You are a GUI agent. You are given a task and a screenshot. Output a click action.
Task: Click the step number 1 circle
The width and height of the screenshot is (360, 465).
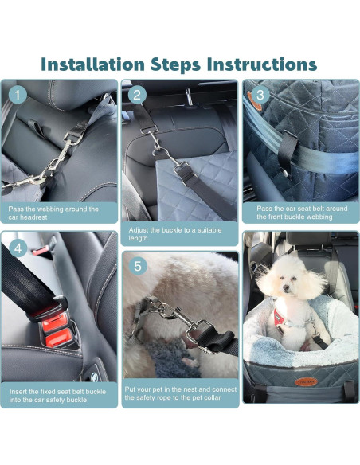coord(18,95)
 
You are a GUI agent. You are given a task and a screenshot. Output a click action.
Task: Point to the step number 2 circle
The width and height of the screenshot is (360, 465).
coord(138,95)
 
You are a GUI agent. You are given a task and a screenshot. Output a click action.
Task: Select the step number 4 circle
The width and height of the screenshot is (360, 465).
coord(18,247)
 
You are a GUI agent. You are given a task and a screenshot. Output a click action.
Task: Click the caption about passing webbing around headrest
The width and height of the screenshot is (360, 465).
coord(60,213)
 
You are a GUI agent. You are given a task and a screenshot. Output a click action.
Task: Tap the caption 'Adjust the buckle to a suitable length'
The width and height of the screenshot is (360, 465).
coord(179,233)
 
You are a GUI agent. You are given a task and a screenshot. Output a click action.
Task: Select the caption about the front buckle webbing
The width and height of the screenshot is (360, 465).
coord(300,213)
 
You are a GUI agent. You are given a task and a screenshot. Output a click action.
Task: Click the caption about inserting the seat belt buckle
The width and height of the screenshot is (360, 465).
coord(60,395)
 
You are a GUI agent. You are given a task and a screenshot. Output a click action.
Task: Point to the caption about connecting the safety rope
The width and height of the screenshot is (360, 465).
coord(179,393)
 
